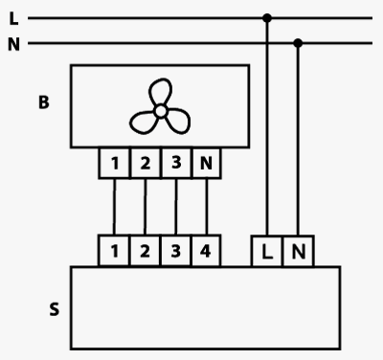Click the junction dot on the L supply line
point(267,18)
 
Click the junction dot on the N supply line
point(298,43)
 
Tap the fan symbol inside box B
point(160,106)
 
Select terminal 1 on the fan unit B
point(114,163)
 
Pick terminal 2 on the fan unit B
point(146,163)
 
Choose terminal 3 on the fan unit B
point(176,163)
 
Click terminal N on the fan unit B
point(206,163)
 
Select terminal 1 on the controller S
point(114,251)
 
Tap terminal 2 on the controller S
point(145,251)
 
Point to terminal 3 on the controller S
point(175,251)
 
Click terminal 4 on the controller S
point(206,251)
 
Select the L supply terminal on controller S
point(267,251)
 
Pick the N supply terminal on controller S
point(299,251)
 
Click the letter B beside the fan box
point(44,102)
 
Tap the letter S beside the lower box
point(55,309)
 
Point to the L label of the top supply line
point(13,18)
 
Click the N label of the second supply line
point(13,44)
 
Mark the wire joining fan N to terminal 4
point(207,207)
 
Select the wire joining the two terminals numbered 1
point(114,207)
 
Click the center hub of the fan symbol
point(160,111)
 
